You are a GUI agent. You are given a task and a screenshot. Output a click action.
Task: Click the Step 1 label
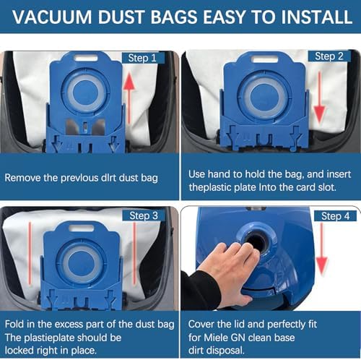[x=143, y=58]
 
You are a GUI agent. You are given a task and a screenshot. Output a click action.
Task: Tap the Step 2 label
[x=329, y=56]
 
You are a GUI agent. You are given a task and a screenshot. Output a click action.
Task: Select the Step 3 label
[x=144, y=215]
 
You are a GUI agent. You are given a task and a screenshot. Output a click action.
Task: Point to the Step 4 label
[x=335, y=216]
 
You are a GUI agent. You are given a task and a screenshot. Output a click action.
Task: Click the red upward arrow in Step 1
[x=129, y=98]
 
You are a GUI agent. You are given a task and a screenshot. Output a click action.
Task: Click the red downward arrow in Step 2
[x=320, y=98]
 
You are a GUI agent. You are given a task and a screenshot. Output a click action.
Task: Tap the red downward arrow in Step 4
[x=322, y=249]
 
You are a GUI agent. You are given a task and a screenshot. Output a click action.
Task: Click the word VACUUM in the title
[x=52, y=17]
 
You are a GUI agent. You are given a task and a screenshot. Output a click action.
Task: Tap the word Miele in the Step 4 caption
[x=216, y=338]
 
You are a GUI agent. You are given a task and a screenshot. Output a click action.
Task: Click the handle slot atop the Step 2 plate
[x=264, y=59]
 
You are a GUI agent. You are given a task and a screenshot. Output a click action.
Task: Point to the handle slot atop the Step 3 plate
[x=81, y=228]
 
